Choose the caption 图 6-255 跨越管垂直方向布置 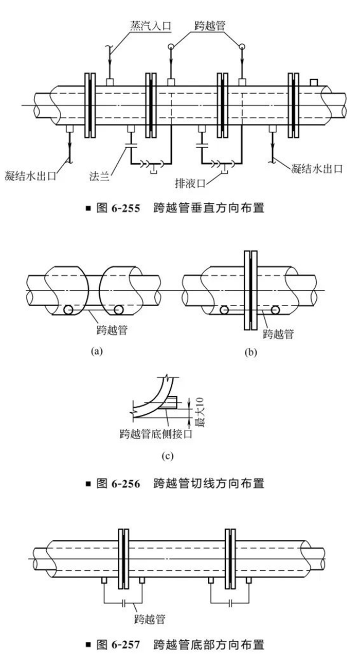coord(175,208)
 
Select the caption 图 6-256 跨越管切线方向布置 coord(175,483)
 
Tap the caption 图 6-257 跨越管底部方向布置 coord(175,644)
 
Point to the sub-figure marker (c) coord(165,455)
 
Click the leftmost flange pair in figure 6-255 coord(89,106)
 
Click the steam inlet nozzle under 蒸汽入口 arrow coord(110,82)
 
